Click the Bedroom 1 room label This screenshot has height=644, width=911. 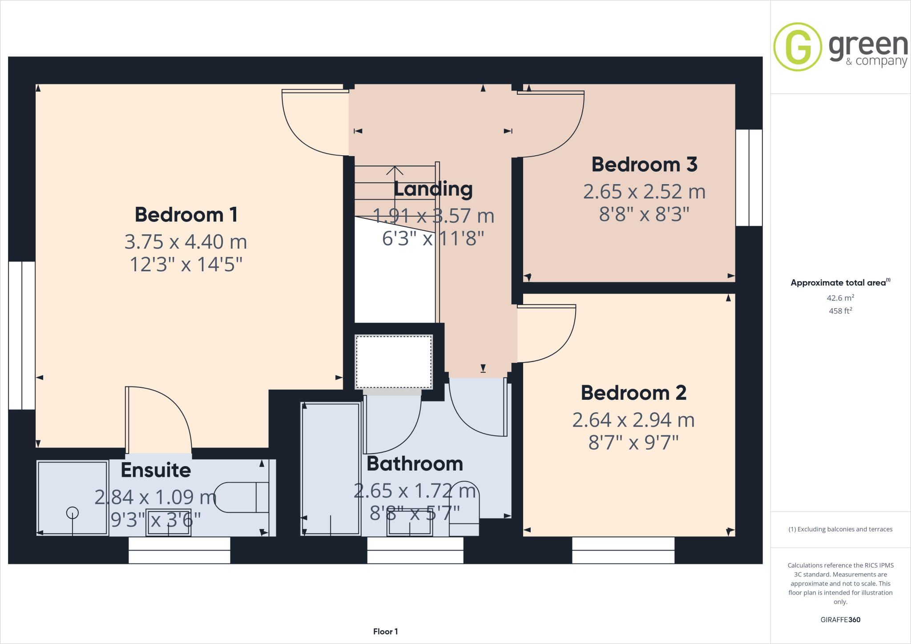click(x=186, y=215)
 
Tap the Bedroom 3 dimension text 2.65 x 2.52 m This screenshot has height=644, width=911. click(x=644, y=192)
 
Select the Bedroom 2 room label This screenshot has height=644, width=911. click(x=633, y=393)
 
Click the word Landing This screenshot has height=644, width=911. click(x=433, y=189)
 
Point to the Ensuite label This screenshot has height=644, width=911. click(x=156, y=470)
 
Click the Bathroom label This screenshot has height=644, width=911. click(x=415, y=464)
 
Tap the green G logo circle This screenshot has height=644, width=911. click(x=798, y=47)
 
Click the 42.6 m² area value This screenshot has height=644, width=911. click(x=840, y=298)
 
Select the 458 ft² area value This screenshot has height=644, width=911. click(x=840, y=311)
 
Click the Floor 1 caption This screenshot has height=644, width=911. click(x=385, y=632)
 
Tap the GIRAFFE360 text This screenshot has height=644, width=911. click(x=840, y=620)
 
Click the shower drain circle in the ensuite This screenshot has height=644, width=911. click(x=73, y=513)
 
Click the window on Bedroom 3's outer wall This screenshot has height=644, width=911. click(x=749, y=177)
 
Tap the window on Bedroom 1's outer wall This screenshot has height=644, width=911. click(x=22, y=335)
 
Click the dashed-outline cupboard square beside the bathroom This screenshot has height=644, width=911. click(x=394, y=362)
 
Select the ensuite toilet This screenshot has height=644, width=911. click(x=242, y=497)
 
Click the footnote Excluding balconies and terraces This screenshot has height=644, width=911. click(x=840, y=529)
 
